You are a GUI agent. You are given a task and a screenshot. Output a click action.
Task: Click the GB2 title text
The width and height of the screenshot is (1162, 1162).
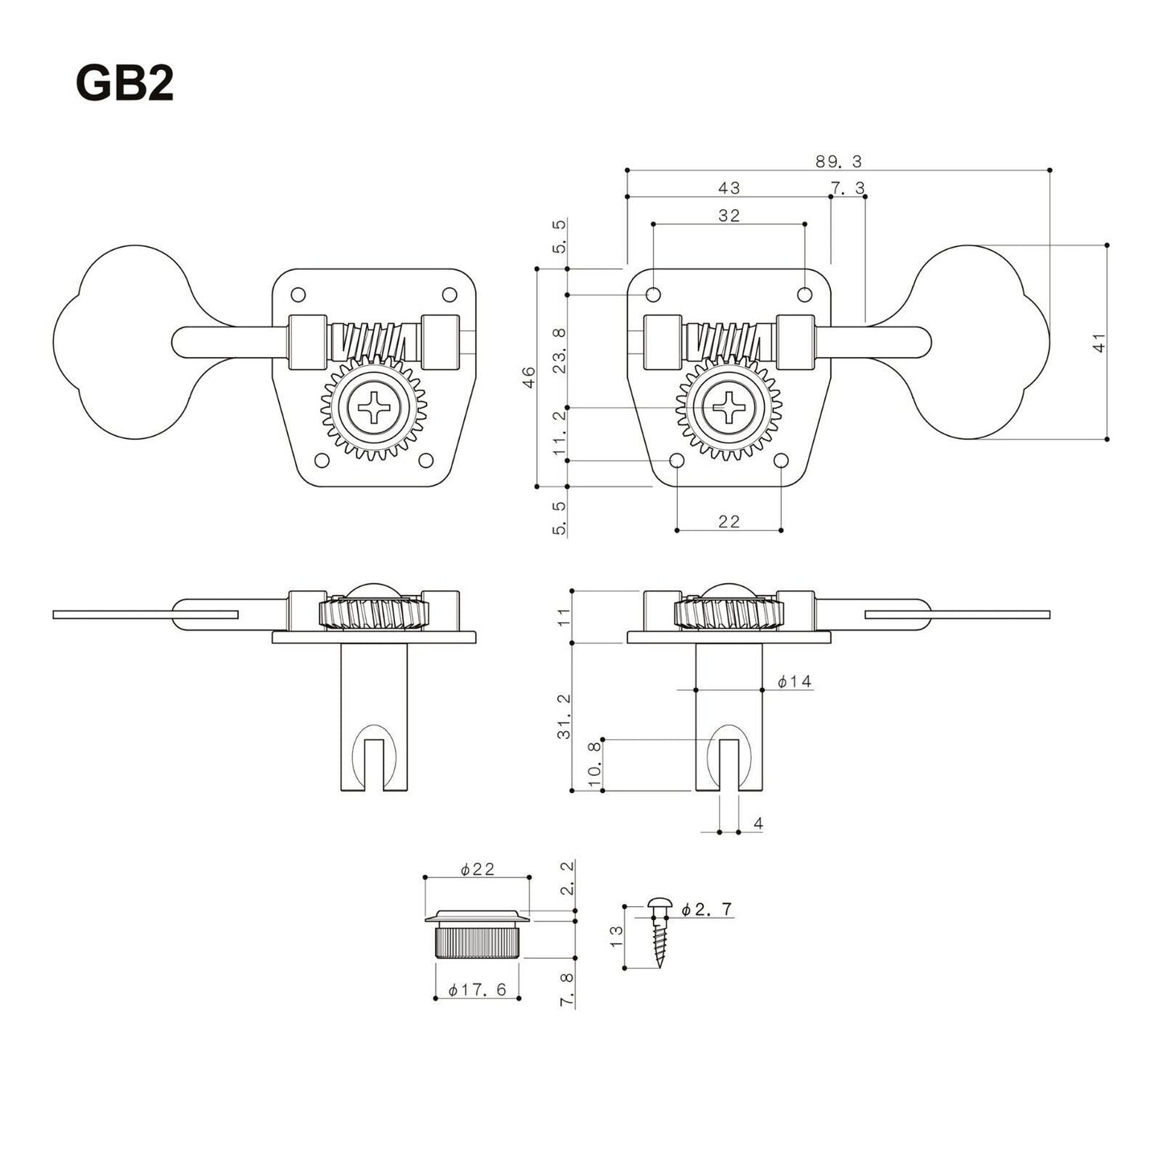[x=125, y=83]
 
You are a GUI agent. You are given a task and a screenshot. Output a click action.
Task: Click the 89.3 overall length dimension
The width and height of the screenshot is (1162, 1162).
[x=838, y=162]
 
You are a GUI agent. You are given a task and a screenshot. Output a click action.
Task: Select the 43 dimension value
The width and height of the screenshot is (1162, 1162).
[x=729, y=187]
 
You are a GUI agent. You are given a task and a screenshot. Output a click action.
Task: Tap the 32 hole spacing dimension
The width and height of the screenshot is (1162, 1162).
[x=729, y=216]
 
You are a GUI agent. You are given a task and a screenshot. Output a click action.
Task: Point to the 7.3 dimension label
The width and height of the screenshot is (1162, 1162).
[x=848, y=187]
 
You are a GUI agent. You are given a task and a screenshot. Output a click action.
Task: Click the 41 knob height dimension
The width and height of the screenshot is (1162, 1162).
[x=1099, y=342]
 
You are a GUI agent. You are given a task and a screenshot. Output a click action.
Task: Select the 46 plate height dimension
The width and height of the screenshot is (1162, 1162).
[x=528, y=377]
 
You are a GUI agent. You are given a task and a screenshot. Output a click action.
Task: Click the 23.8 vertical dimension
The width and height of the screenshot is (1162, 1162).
[x=560, y=350]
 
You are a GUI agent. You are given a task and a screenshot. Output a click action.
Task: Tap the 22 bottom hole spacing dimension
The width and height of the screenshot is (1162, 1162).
[x=729, y=521]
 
